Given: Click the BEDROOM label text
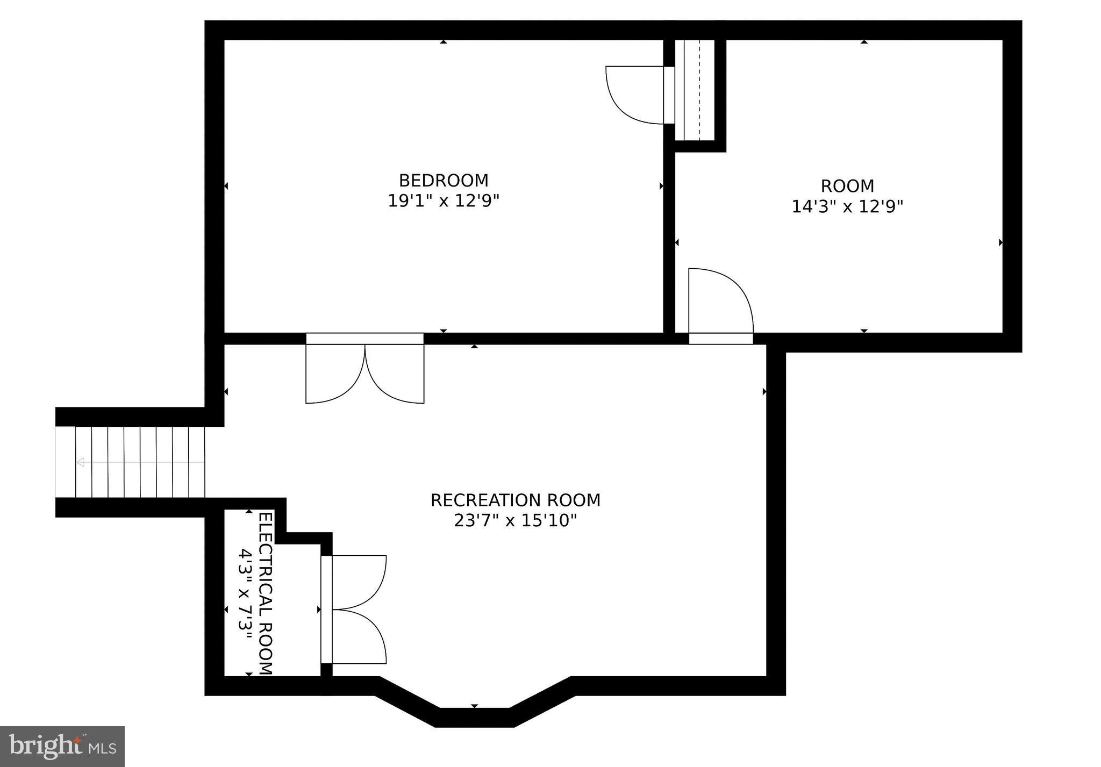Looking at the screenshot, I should point(443,180).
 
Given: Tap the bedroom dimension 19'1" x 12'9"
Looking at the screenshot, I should point(443,201).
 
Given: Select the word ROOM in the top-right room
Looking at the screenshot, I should point(847,186).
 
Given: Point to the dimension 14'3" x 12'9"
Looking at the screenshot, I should point(847,206).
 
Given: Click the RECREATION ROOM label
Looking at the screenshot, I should point(515,500).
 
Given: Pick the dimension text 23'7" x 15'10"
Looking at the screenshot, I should point(515,521).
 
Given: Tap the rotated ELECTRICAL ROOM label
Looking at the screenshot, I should point(266,593).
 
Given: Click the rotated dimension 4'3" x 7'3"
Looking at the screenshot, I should point(245,593).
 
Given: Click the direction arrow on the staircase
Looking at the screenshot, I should point(81,462).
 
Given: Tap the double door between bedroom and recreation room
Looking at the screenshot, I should point(364,371).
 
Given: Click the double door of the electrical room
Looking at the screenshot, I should point(355,610).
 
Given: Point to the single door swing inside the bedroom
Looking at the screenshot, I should point(634,96).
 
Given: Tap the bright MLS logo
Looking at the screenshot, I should point(62,747).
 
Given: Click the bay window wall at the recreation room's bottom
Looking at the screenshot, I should point(474,717).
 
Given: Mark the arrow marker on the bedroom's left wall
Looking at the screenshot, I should point(226,186).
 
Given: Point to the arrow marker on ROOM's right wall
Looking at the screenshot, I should point(1000,242).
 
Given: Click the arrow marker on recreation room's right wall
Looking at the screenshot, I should point(764,392).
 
